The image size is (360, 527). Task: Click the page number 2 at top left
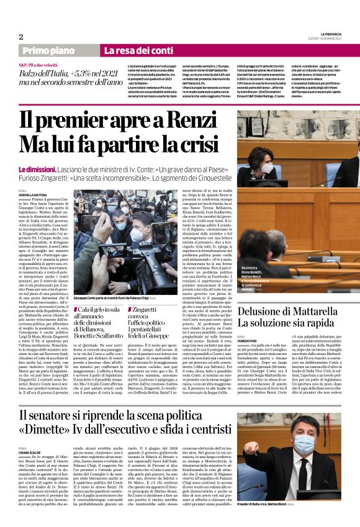[21, 37]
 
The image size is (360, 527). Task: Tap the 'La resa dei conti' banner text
[130, 50]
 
